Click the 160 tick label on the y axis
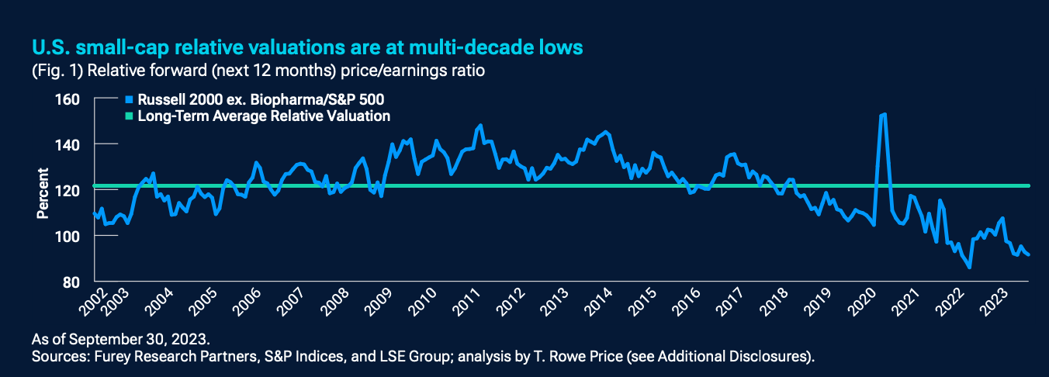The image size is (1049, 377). click(69, 99)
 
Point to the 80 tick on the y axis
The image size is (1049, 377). click(72, 281)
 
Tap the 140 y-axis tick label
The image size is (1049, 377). click(69, 144)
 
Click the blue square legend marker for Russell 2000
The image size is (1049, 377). click(129, 100)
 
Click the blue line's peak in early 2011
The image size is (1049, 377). click(480, 125)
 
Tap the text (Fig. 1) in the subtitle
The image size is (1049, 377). click(56, 70)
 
